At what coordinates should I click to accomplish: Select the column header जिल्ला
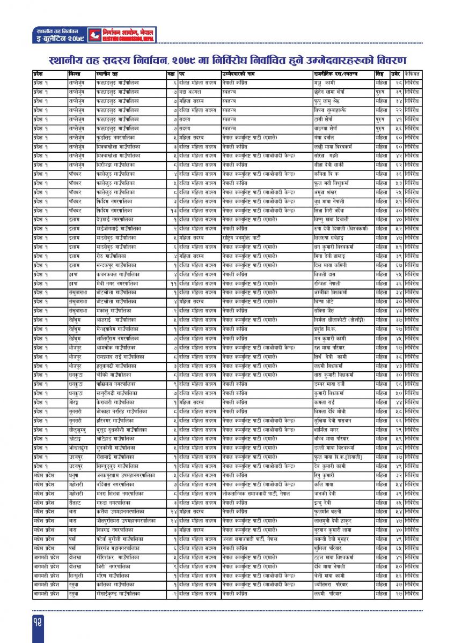75,73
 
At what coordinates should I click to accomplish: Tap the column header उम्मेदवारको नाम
240,73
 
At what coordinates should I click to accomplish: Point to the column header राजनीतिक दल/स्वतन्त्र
336,73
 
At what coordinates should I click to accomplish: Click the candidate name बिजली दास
324,274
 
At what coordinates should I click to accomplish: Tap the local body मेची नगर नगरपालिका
119,283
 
